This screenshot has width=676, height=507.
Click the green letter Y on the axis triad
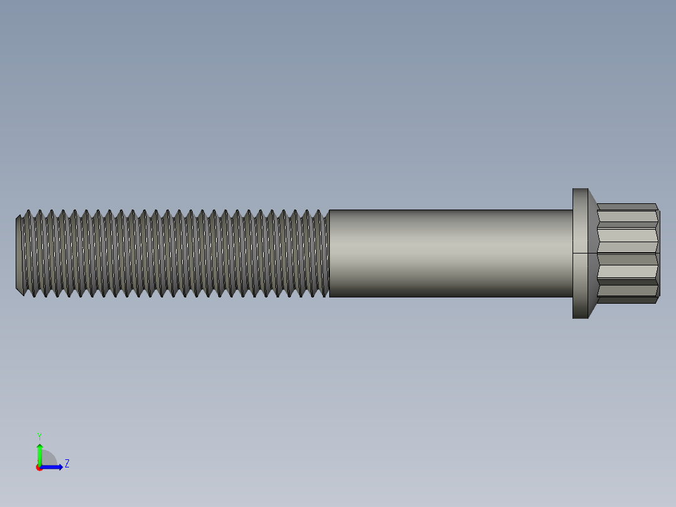click(x=39, y=435)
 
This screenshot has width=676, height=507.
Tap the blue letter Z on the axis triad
click(x=66, y=464)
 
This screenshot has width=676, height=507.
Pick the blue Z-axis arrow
click(x=53, y=467)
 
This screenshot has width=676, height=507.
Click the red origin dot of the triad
click(x=39, y=467)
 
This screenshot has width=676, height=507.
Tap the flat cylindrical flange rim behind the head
click(x=580, y=226)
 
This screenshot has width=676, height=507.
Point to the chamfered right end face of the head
click(x=658, y=253)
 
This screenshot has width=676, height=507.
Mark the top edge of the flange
click(x=580, y=189)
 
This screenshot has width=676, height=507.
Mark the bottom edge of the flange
click(x=580, y=318)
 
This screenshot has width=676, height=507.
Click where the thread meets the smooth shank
click(x=329, y=253)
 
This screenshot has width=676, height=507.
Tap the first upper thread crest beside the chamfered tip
click(x=28, y=211)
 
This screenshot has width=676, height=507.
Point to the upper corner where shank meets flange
click(x=573, y=210)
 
